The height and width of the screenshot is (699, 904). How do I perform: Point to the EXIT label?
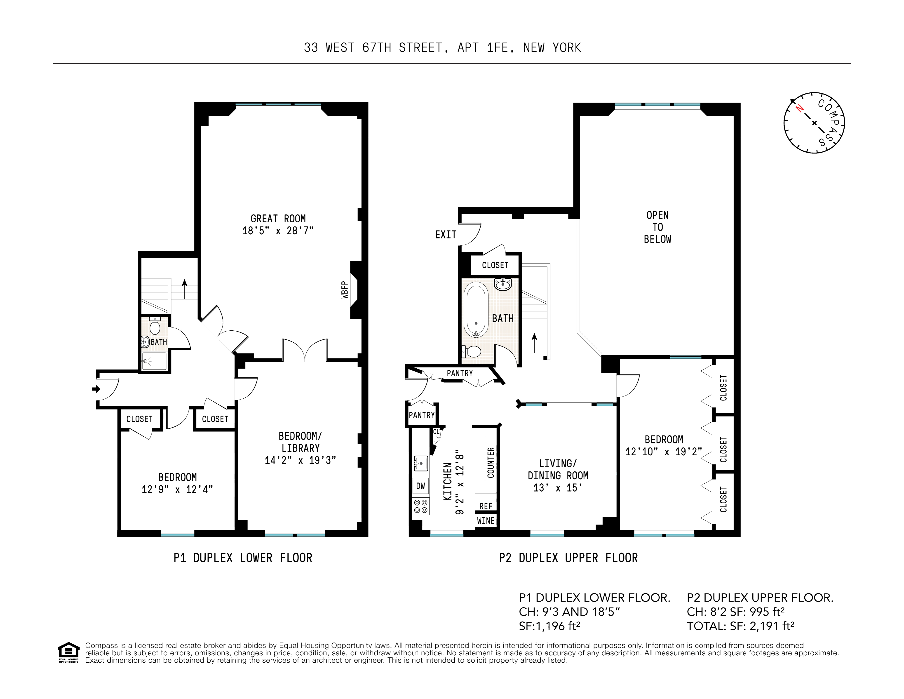445,235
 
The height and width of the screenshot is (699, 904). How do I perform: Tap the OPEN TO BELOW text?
657,227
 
